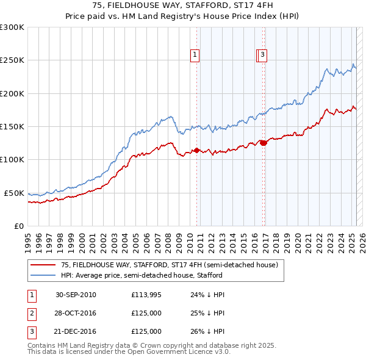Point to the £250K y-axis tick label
[x=12, y=60]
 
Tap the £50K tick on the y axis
[x=14, y=193]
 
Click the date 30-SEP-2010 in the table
[x=76, y=295]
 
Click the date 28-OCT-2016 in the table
[x=76, y=313]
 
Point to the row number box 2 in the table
[x=31, y=313]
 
